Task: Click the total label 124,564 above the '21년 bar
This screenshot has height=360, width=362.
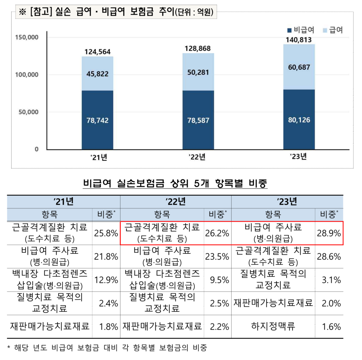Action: (97, 52)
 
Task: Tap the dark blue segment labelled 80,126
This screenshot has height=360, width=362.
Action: (299, 120)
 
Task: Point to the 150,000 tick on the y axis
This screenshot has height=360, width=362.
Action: (27, 37)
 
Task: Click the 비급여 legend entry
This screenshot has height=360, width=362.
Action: (301, 30)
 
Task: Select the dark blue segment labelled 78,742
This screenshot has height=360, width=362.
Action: (97, 120)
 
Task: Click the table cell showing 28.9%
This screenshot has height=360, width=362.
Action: (329, 233)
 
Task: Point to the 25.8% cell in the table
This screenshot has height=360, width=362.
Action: (106, 233)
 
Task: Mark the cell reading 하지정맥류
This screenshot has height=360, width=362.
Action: (273, 326)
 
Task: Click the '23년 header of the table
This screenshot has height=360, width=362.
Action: (287, 202)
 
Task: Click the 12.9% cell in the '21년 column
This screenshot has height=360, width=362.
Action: (106, 280)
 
